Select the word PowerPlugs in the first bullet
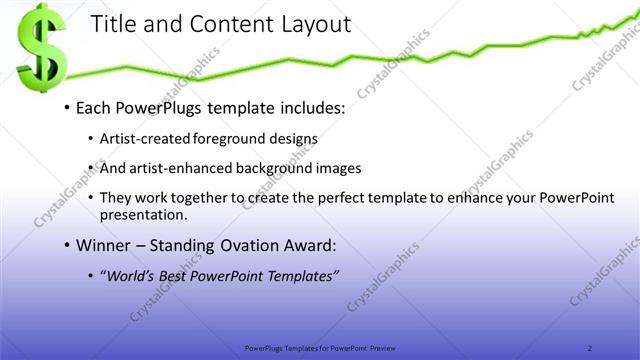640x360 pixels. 153,106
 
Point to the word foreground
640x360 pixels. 240,138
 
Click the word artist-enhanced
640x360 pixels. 176,168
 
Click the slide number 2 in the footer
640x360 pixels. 590,348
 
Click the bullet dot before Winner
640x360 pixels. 66,245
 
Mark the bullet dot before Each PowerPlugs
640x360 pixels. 66,107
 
